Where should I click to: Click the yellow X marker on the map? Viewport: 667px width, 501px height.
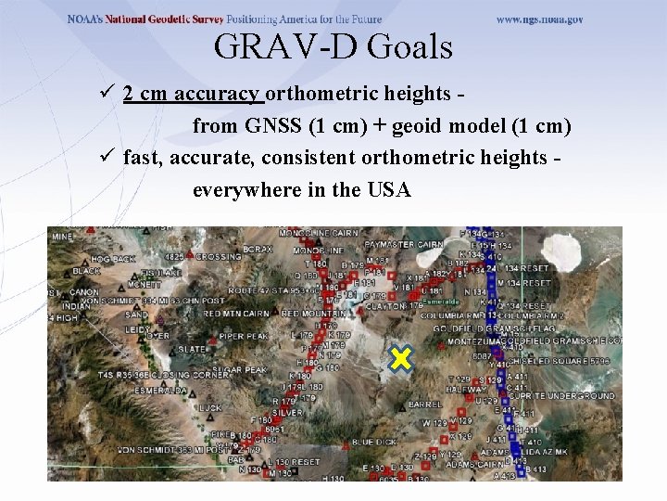(400, 359)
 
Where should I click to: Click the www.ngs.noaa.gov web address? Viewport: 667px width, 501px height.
(540, 19)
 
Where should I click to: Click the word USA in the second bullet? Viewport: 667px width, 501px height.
(389, 190)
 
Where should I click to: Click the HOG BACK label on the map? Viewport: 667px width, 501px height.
(113, 260)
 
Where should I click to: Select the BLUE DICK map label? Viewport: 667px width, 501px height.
(375, 442)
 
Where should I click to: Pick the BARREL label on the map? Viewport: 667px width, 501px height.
(424, 405)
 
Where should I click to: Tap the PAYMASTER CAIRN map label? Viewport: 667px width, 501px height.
(404, 245)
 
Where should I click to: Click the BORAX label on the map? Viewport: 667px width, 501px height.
(257, 249)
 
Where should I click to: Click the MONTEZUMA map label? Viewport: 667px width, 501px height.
(472, 341)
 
